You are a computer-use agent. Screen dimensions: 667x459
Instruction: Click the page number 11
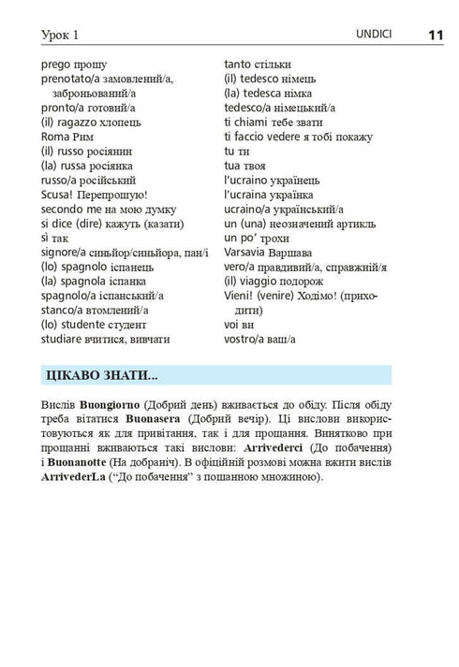tap(435, 35)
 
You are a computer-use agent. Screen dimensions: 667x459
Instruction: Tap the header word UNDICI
tap(374, 35)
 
